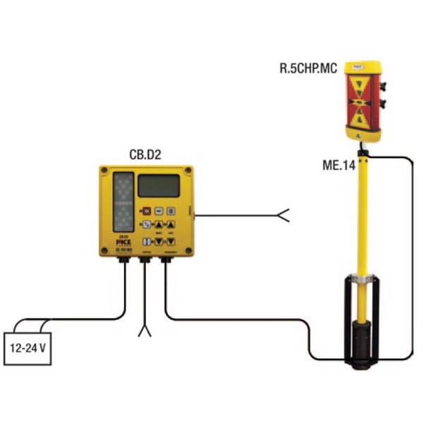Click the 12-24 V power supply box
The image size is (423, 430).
[x=27, y=347]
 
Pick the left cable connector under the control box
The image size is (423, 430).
[x=124, y=261]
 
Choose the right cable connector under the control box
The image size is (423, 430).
[x=166, y=261]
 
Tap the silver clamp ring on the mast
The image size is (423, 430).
[x=361, y=280]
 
